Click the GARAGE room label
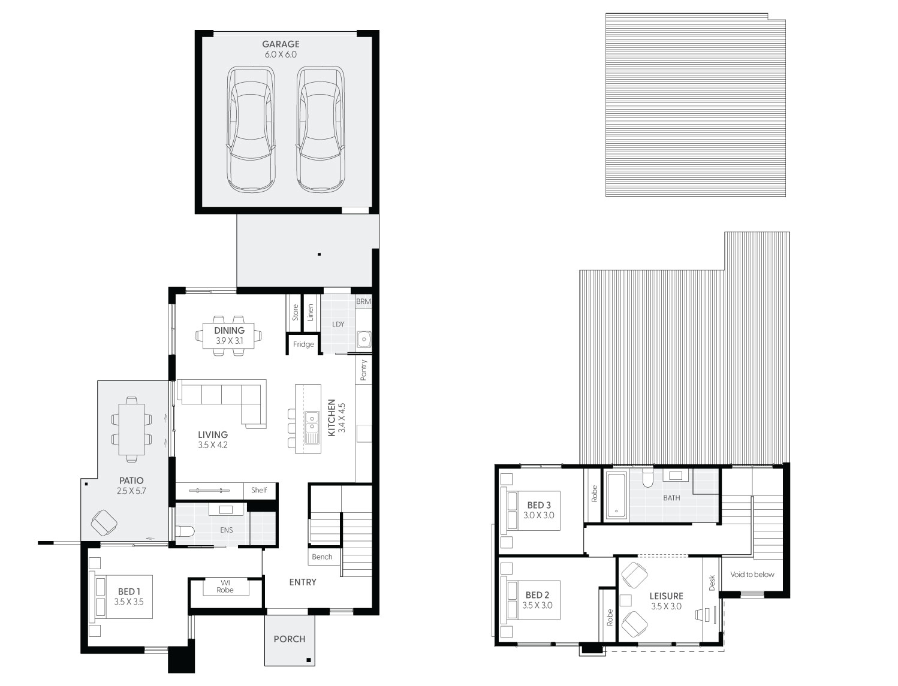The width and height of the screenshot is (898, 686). click(x=281, y=44)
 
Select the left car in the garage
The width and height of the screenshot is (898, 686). click(x=251, y=129)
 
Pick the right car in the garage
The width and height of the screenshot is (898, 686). click(x=320, y=129)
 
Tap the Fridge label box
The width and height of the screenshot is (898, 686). click(x=303, y=344)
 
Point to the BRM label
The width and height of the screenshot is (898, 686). click(x=363, y=301)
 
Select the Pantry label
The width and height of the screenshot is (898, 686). click(x=363, y=370)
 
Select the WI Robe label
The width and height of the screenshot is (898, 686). click(x=225, y=587)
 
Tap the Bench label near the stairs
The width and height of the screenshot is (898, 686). click(x=322, y=557)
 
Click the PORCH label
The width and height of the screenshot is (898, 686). click(x=290, y=639)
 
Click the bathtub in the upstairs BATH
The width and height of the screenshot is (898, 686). click(x=616, y=495)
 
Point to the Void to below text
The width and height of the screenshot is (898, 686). click(x=752, y=575)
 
